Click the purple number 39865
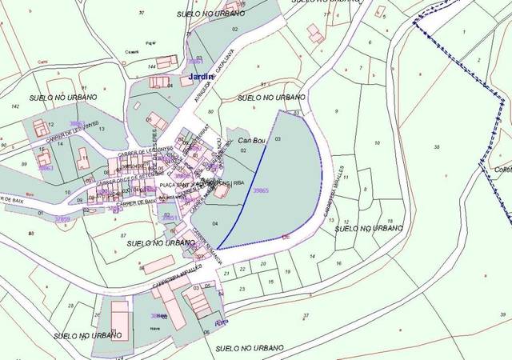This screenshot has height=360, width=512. coord(260,191)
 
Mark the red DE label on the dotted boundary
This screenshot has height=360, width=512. coord(286,237)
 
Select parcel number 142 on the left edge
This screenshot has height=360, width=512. coord(14,106)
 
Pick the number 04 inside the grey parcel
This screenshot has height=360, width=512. coord(216,222)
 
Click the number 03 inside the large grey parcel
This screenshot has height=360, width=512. coord(277,139)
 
